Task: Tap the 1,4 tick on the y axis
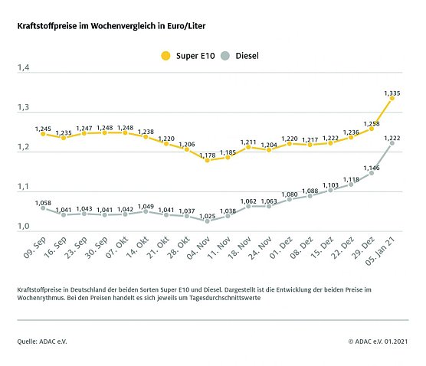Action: (24, 69)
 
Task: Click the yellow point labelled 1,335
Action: (392, 98)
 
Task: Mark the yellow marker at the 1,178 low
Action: (207, 160)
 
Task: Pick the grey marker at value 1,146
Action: (371, 172)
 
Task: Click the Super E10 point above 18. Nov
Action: (248, 147)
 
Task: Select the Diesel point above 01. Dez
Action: (289, 199)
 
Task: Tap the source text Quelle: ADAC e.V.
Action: (42, 341)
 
